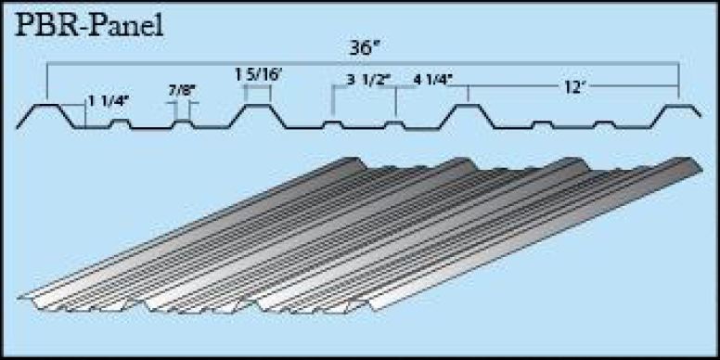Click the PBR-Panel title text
89,26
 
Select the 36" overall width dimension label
363,47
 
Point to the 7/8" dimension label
182,90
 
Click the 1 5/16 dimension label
258,75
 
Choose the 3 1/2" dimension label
368,80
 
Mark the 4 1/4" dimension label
433,79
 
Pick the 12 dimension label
572,88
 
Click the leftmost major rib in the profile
46,106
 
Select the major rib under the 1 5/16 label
258,106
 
